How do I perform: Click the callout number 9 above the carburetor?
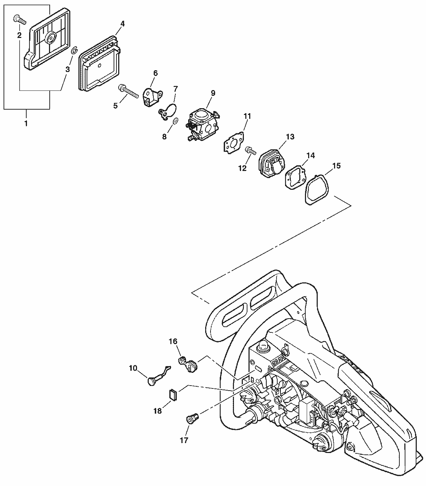pos(213,93)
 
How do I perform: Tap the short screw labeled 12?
pos(251,151)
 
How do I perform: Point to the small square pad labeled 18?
pos(173,394)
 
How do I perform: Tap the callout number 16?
pos(173,341)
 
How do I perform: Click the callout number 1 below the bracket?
pos(26,124)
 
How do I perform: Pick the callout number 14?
pos(311,155)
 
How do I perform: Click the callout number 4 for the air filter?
pos(122,24)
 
